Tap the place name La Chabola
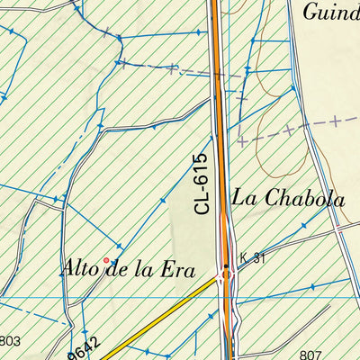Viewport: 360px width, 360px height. pyautogui.click(x=288, y=199)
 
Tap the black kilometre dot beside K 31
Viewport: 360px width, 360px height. pyautogui.click(x=226, y=267)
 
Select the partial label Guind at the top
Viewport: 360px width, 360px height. pyautogui.click(x=330, y=12)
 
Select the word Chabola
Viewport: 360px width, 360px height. pyautogui.click(x=302, y=199)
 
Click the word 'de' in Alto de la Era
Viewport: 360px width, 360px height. pyautogui.click(x=113, y=267)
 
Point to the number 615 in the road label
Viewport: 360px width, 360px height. pyautogui.click(x=201, y=171)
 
